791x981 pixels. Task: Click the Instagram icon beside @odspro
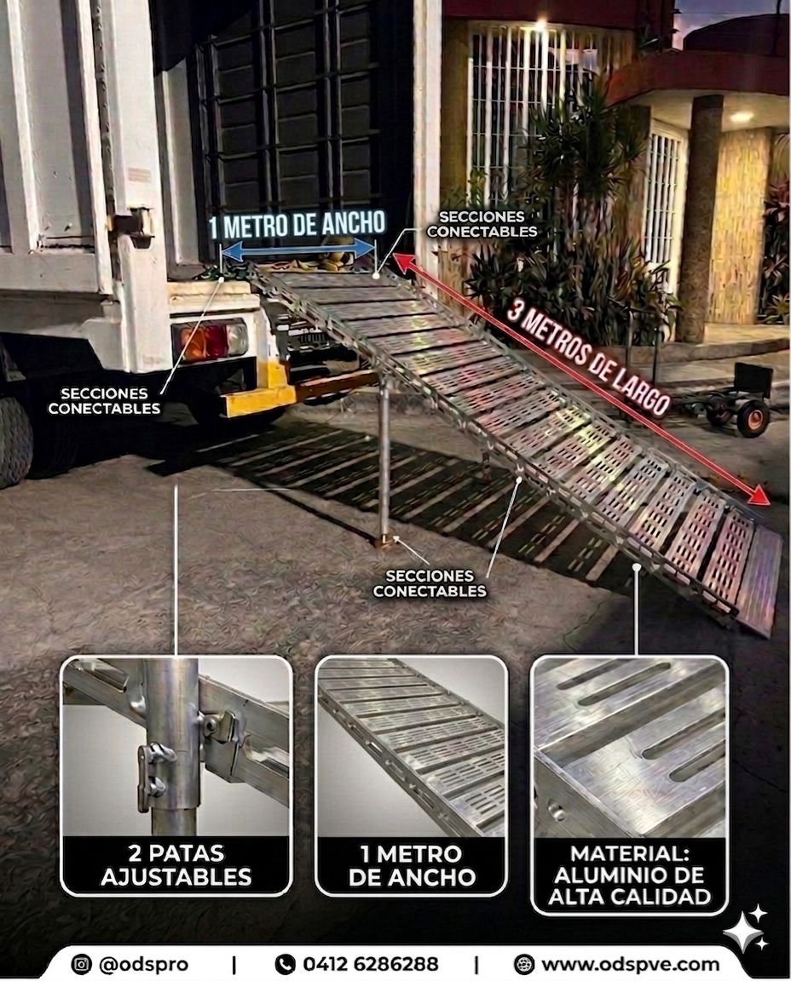[81, 963]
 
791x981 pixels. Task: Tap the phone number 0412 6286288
[371, 963]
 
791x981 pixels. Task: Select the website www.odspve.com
[631, 964]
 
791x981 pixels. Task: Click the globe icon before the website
[523, 964]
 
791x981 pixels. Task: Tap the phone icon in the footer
[286, 963]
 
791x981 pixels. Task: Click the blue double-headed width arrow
[298, 251]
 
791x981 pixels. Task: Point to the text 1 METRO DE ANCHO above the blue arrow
[297, 225]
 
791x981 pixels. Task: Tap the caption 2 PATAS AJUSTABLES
[176, 865]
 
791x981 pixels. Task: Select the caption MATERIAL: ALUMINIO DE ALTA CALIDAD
[629, 875]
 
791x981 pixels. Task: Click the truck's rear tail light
[211, 340]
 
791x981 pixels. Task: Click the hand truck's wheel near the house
[753, 416]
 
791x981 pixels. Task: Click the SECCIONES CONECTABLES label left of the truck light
[104, 401]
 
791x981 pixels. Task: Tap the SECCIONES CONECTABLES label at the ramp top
[482, 224]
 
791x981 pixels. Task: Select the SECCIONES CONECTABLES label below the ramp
[430, 583]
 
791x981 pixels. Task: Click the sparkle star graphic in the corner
[746, 928]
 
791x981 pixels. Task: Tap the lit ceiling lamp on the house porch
[742, 117]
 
